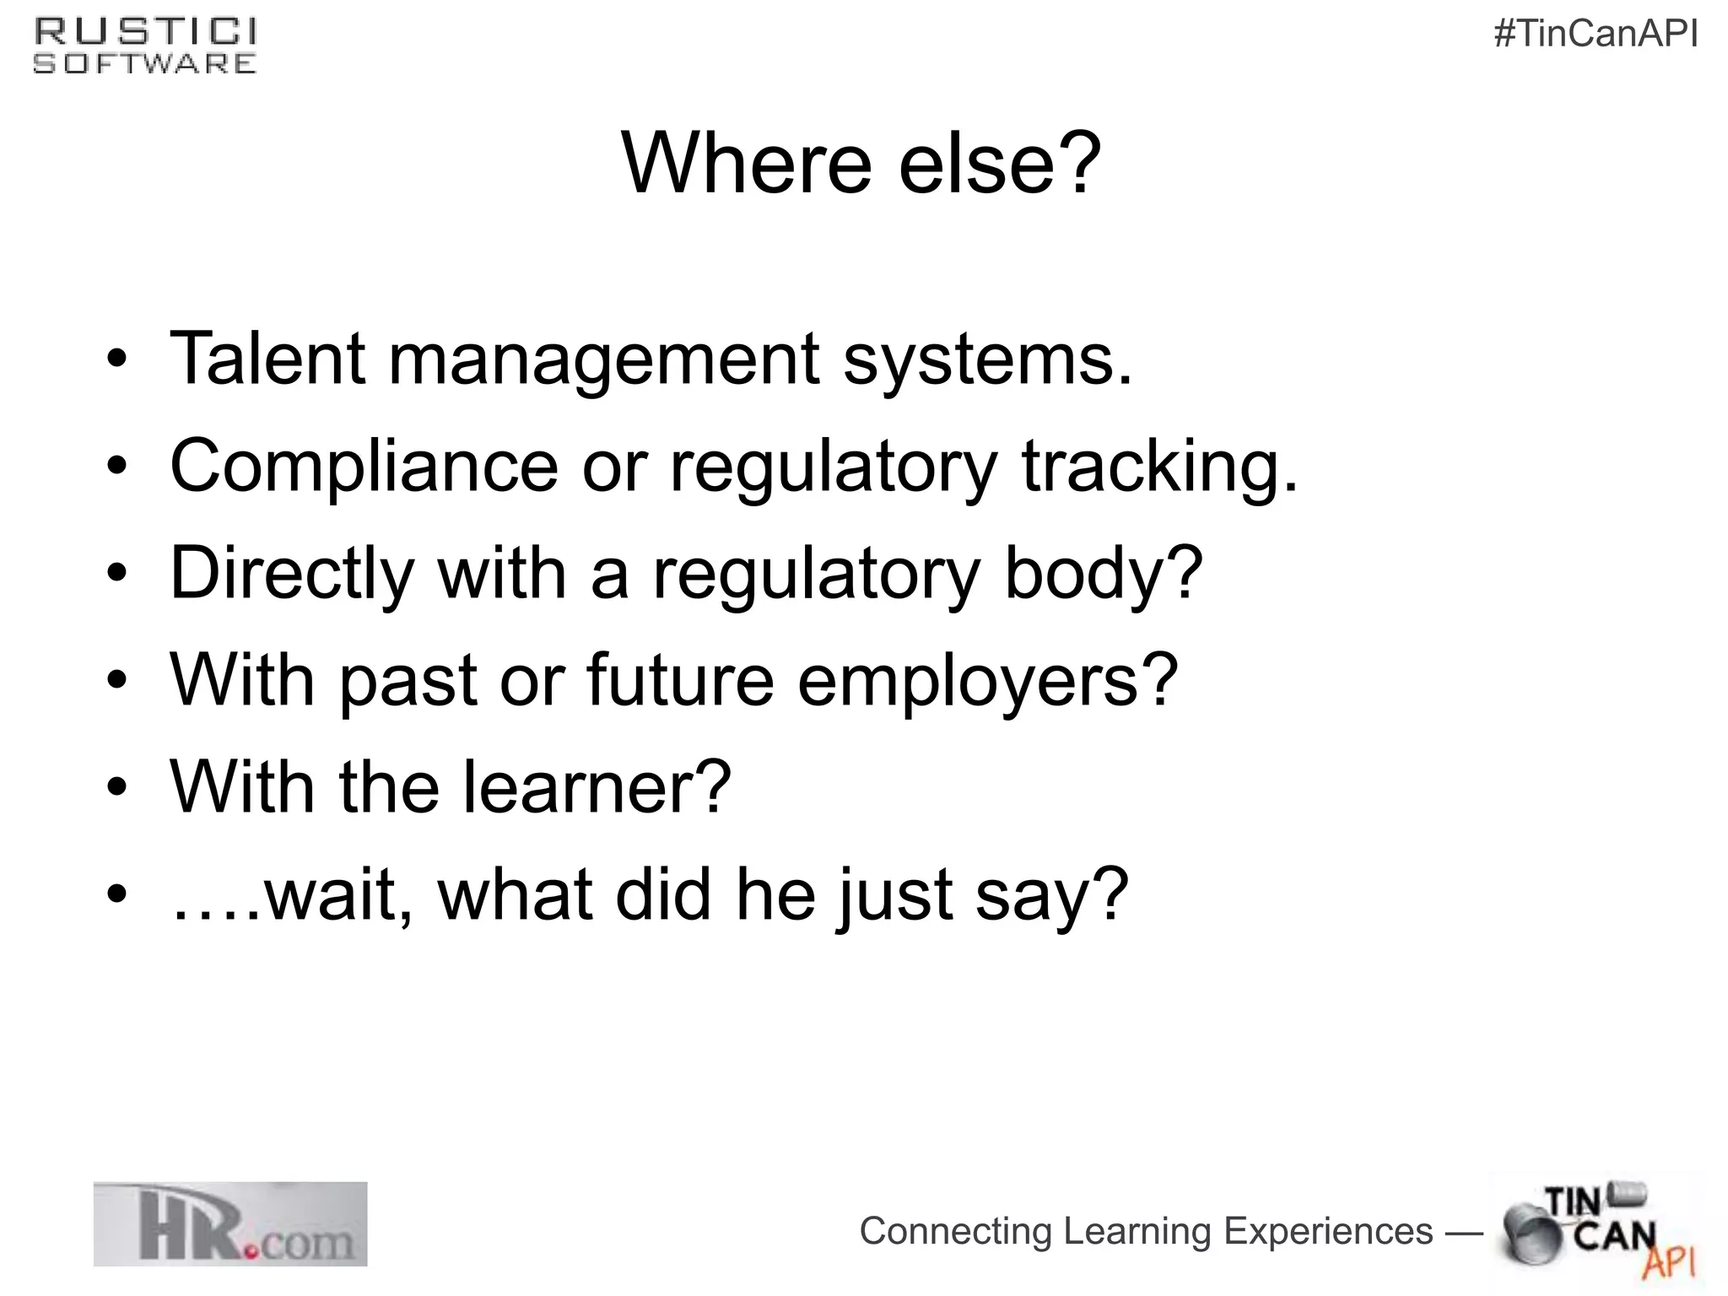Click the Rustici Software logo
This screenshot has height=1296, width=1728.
145,47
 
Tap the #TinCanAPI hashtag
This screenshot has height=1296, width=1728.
1596,35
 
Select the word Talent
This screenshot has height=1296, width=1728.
267,359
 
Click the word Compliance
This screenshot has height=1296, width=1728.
364,467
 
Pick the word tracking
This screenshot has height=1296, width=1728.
1159,467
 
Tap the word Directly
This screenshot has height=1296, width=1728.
292,574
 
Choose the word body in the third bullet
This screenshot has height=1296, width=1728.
1102,574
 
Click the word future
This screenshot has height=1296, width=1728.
679,680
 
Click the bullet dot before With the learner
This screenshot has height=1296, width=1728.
117,788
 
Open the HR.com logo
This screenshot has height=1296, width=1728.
230,1223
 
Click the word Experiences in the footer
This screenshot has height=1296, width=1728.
1327,1231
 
